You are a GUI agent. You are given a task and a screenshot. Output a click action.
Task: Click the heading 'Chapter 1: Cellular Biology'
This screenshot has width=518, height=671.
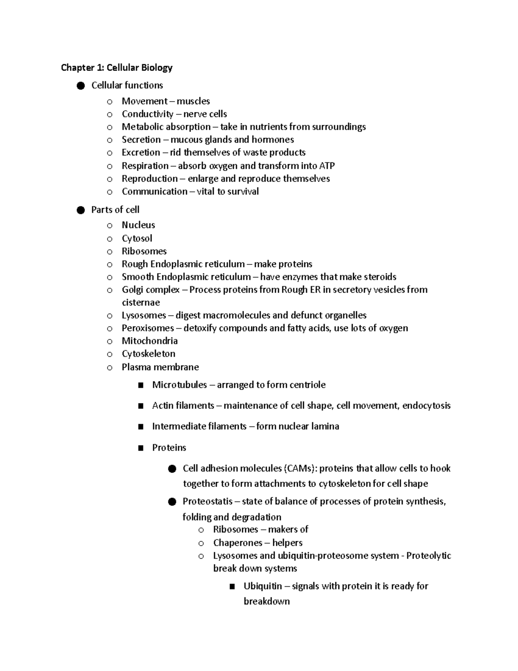(117, 67)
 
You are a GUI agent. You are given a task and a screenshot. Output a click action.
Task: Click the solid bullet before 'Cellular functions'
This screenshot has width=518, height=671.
(80, 86)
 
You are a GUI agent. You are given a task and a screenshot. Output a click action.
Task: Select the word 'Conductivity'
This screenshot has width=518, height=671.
(147, 114)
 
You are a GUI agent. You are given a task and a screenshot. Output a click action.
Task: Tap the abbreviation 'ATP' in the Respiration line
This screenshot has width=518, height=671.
(327, 166)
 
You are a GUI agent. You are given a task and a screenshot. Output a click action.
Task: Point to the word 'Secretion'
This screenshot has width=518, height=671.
(141, 140)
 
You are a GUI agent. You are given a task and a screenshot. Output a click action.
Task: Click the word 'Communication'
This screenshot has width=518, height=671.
(155, 191)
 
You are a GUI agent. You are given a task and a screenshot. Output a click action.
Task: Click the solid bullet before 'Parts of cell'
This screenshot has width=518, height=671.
(80, 210)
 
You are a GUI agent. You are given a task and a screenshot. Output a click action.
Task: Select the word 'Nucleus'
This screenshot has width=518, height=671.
(138, 225)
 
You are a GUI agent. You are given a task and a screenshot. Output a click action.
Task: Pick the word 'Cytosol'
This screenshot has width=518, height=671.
(137, 239)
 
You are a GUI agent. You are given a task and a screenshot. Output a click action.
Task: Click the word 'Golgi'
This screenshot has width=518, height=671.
(132, 290)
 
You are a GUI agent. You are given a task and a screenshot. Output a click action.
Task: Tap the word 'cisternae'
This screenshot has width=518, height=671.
(141, 302)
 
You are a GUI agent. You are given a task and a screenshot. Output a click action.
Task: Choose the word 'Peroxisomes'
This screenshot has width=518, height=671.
(148, 328)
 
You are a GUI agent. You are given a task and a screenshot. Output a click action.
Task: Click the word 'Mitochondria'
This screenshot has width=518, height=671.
(149, 341)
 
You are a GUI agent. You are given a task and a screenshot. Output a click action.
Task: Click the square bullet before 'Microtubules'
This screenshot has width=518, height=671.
(141, 385)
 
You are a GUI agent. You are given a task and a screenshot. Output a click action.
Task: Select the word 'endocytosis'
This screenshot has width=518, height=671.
(426, 406)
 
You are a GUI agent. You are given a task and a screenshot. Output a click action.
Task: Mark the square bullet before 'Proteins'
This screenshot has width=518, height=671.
(141, 448)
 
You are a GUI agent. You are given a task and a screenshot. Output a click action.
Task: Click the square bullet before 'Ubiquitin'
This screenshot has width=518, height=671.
(233, 587)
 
